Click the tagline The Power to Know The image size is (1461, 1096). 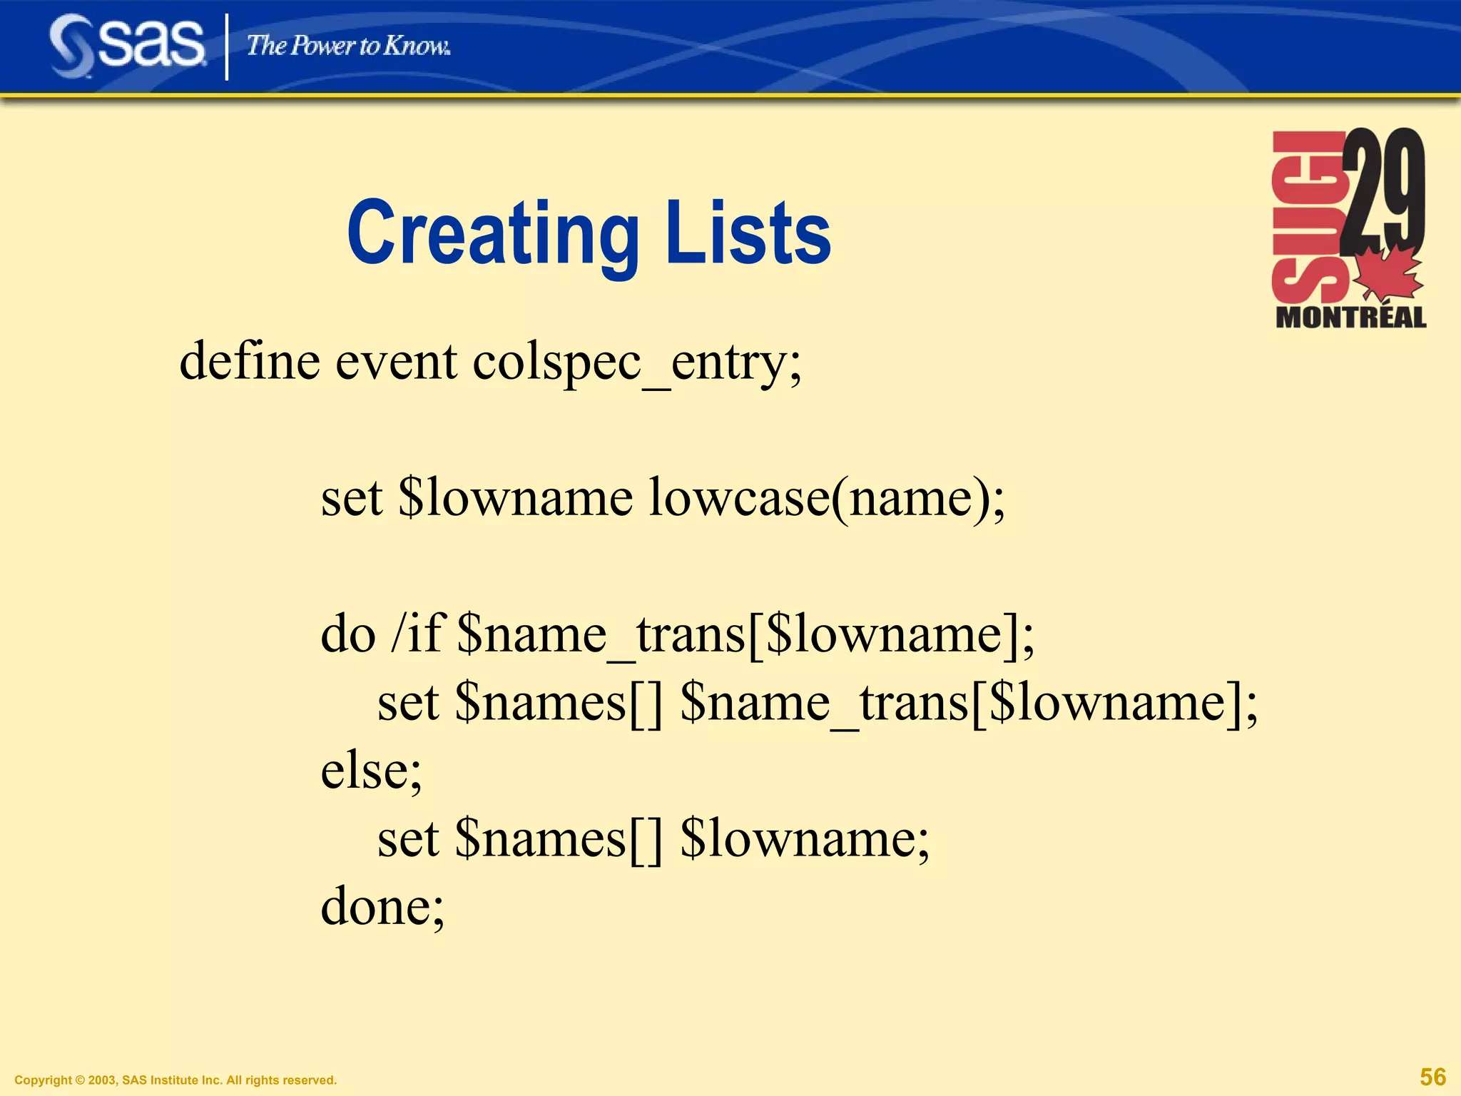point(348,46)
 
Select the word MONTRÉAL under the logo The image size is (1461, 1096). point(1350,317)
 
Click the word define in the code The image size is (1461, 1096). point(250,361)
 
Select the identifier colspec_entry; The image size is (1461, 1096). point(637,362)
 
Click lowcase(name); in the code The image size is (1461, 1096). point(827,497)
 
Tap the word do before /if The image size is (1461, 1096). point(348,634)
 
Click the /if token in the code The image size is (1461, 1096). point(416,634)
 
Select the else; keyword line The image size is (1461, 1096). point(372,771)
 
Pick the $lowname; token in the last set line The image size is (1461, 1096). point(805,838)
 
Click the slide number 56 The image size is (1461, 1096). point(1432,1077)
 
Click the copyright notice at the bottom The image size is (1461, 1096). point(175,1080)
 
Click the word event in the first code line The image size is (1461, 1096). point(396,361)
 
